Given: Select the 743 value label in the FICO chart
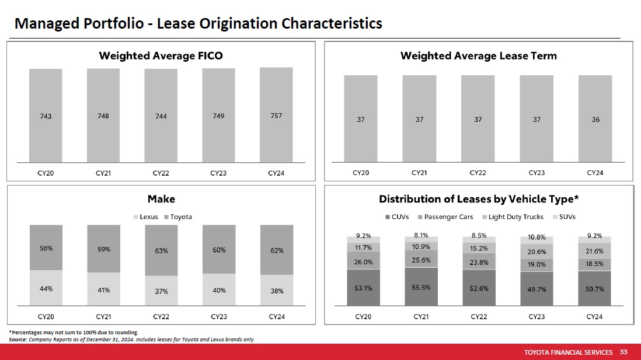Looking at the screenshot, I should [46, 116].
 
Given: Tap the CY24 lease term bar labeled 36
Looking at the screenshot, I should [595, 119].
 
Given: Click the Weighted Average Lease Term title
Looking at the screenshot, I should [478, 56].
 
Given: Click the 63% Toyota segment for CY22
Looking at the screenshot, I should [161, 251].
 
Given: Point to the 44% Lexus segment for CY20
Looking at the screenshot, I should [46, 288].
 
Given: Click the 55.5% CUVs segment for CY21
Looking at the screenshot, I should [421, 286].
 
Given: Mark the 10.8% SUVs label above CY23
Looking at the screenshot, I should [537, 237].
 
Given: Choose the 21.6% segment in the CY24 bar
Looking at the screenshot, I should [594, 251].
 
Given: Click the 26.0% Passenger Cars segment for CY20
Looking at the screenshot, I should [363, 262].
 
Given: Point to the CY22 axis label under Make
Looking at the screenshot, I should [161, 317].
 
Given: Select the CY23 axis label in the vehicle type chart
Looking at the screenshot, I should [537, 317].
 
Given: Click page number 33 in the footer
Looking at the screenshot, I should [623, 352].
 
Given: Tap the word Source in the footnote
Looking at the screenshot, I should [17, 340].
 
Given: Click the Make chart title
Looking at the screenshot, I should [161, 199].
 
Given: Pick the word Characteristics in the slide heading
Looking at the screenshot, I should [332, 23].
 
